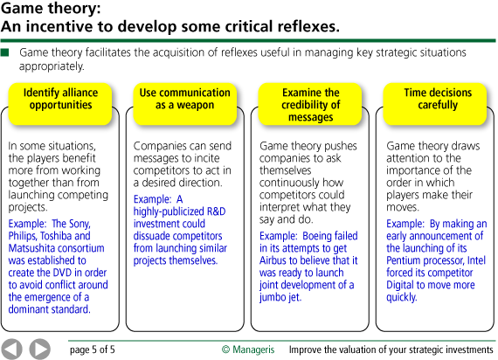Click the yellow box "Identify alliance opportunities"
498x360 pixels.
point(60,104)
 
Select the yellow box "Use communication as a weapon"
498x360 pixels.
point(185,104)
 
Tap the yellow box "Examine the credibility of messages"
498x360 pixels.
point(310,104)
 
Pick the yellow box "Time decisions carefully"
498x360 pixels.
point(435,104)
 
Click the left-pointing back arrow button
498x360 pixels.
point(11,350)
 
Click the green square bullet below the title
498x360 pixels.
point(4,52)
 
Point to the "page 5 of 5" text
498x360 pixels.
point(92,350)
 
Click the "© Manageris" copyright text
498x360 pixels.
point(248,350)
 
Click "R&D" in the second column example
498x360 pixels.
point(217,211)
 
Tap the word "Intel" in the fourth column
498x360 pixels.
point(476,260)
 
